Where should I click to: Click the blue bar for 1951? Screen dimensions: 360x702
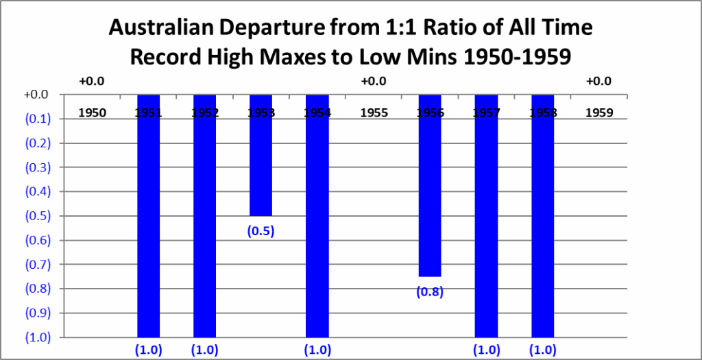click(x=148, y=219)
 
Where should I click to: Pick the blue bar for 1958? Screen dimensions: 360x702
click(x=542, y=219)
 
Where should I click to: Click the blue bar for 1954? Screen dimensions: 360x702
click(x=317, y=219)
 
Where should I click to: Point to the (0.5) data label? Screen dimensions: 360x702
click(x=261, y=231)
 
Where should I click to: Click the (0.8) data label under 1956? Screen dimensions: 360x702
click(x=430, y=292)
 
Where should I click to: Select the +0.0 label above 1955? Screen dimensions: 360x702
click(x=373, y=82)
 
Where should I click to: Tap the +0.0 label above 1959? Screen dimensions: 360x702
click(x=598, y=82)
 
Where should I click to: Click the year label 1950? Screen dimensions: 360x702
click(x=92, y=112)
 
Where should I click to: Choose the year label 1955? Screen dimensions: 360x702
click(x=373, y=112)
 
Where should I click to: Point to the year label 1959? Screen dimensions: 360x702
click(x=598, y=112)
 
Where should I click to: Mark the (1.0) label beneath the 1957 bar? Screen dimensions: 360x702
click(x=486, y=350)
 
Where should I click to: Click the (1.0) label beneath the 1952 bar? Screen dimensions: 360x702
click(x=204, y=350)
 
